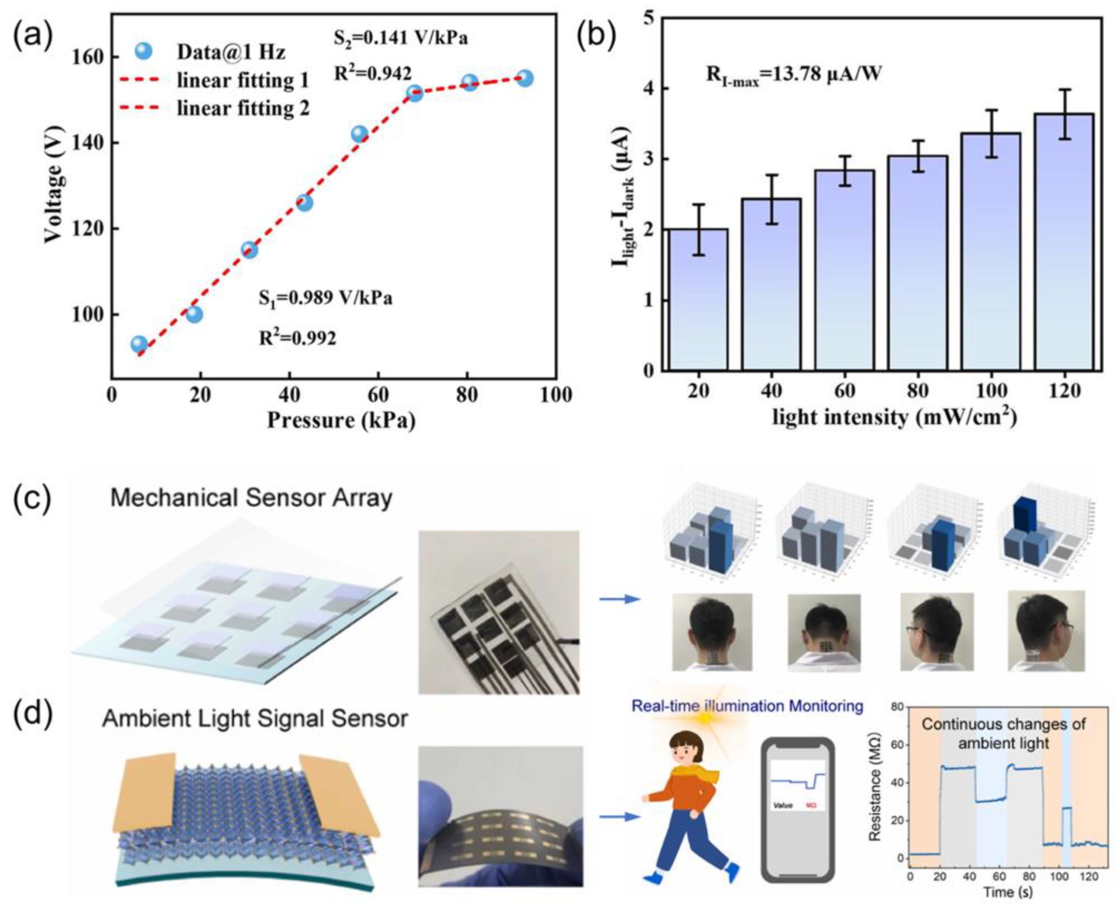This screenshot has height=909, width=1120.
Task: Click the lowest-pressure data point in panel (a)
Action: (139, 344)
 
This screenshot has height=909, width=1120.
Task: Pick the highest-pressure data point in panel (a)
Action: (525, 79)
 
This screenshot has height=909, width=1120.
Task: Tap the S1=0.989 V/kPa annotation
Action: (325, 298)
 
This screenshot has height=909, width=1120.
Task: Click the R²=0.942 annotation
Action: (373, 73)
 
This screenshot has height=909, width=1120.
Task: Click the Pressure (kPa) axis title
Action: (341, 420)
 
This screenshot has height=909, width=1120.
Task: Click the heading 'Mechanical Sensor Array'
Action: (251, 498)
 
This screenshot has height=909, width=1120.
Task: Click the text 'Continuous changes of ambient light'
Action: (1003, 733)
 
